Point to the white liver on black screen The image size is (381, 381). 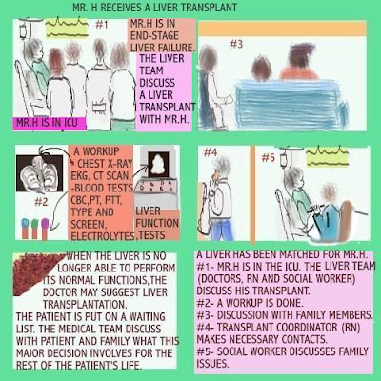(x=155, y=170)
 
